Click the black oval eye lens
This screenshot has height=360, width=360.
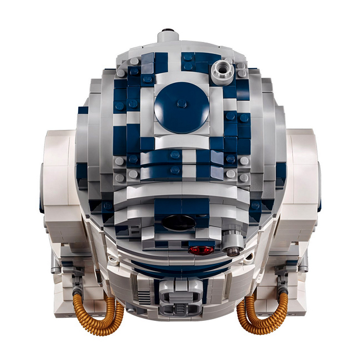[179, 223]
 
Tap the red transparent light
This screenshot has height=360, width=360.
[201, 249]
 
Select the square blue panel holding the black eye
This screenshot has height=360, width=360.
[179, 215]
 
